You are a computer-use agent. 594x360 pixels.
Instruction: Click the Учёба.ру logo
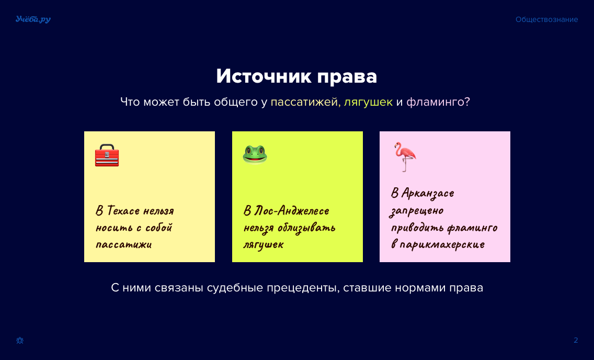click(x=33, y=19)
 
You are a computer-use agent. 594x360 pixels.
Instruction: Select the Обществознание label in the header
click(x=546, y=20)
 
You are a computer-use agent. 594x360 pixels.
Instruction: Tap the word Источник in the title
click(x=264, y=76)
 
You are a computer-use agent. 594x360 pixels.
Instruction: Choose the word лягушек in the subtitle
click(x=368, y=102)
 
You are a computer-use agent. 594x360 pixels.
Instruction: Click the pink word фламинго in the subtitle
click(x=435, y=102)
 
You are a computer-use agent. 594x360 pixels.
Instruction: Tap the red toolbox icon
click(x=107, y=155)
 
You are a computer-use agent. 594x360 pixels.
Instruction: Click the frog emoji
click(x=255, y=154)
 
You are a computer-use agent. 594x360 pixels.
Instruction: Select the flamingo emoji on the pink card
click(x=405, y=156)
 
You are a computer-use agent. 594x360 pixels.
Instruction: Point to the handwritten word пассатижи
click(x=123, y=244)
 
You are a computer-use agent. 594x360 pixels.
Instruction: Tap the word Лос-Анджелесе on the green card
click(x=292, y=211)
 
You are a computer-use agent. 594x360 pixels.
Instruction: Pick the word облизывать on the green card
click(x=306, y=228)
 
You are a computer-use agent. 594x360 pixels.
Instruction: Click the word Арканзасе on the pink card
click(x=428, y=194)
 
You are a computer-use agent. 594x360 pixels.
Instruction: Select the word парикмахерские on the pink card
click(x=442, y=244)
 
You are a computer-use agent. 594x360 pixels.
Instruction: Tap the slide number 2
click(x=576, y=340)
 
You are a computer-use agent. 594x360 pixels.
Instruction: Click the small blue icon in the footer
click(x=20, y=340)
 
